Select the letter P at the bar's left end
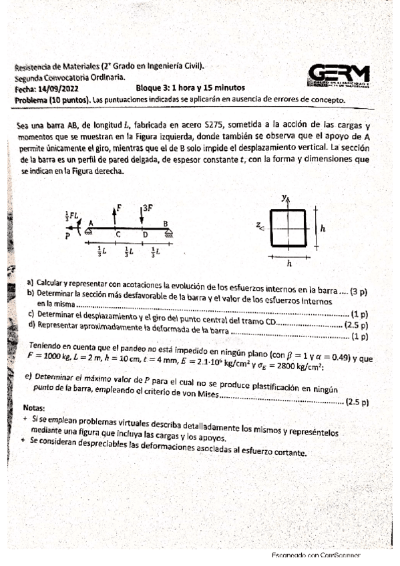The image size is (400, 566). [68, 235]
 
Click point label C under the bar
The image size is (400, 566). [118, 235]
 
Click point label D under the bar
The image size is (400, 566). [145, 235]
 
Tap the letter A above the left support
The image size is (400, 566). [90, 223]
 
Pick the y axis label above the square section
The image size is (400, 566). [284, 198]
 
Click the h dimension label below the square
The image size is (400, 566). [288, 264]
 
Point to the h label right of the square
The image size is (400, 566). [323, 228]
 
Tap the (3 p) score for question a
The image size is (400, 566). [363, 290]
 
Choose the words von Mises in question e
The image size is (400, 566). [204, 395]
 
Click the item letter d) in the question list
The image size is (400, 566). [31, 324]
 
